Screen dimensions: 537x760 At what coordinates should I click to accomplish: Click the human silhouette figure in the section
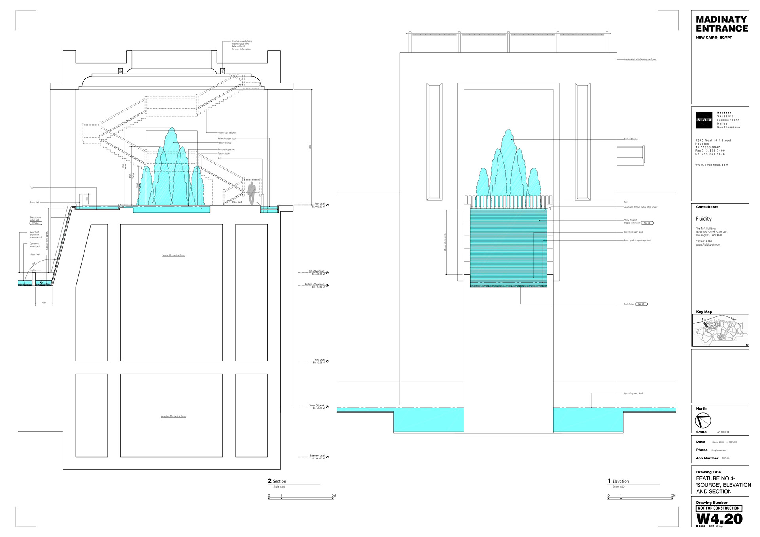click(251, 193)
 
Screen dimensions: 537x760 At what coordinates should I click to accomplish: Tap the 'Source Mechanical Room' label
click(173, 255)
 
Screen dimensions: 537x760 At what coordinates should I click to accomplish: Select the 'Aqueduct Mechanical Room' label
click(173, 416)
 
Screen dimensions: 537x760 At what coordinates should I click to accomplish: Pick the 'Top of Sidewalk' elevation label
click(317, 406)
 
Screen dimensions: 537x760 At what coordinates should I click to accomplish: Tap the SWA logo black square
click(704, 120)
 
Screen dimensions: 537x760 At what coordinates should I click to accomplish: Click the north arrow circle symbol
click(703, 421)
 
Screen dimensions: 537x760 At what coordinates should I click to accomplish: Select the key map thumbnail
click(720, 331)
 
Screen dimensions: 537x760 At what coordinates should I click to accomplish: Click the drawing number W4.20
click(719, 519)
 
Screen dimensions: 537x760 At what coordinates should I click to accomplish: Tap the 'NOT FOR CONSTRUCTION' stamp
click(719, 508)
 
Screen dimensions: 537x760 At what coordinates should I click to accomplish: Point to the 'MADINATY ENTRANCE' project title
click(722, 24)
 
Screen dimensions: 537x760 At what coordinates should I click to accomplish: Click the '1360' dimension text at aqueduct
click(44, 303)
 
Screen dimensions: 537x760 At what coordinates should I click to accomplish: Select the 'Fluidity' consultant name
click(704, 219)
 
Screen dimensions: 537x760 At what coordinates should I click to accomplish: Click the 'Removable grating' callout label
click(226, 149)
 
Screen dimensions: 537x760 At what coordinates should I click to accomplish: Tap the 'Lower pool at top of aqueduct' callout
click(637, 240)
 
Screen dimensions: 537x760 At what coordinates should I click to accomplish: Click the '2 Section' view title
click(277, 481)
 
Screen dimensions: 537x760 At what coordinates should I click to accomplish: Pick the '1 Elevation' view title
click(618, 481)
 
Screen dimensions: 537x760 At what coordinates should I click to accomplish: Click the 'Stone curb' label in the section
click(237, 202)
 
